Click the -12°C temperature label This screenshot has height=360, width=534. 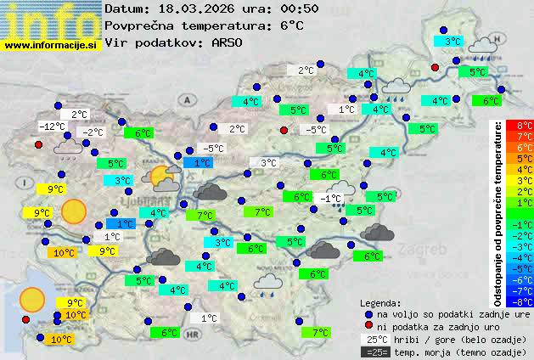click(53, 127)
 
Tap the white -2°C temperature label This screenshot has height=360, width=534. click(92, 132)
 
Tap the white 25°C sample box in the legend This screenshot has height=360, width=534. click(374, 339)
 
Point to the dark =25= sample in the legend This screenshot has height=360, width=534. click(374, 352)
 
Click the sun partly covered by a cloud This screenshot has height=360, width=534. click(161, 177)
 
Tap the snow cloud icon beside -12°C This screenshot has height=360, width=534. click(66, 149)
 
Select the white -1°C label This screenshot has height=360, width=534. click(331, 198)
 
